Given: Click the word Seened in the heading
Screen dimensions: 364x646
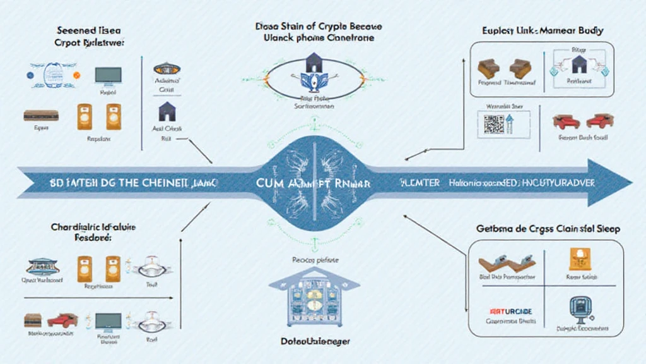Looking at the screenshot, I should point(74,30).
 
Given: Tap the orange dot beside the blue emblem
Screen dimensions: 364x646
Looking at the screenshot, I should point(77,75).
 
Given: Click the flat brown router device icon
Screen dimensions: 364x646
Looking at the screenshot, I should point(41,116).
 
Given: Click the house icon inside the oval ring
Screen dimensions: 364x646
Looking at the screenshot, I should point(314,63).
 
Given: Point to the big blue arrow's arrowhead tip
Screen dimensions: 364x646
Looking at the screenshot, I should point(630,183).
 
